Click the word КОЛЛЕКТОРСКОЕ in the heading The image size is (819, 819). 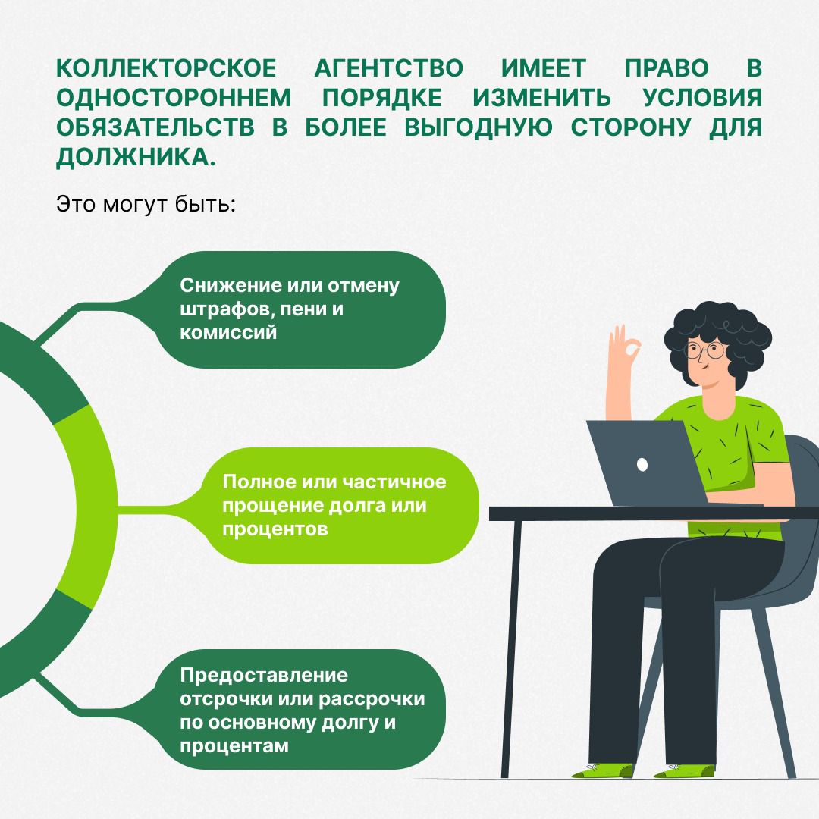point(166,68)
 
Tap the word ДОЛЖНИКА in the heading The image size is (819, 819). point(136,157)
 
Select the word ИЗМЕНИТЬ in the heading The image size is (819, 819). point(541,98)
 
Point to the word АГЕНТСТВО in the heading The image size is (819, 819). point(388,68)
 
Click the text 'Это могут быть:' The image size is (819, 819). point(146,204)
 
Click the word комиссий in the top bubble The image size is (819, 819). point(228,332)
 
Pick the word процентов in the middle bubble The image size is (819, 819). point(275,529)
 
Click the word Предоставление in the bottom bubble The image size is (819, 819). point(264,675)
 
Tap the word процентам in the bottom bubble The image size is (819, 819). point(234,746)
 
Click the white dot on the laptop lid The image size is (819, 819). point(642,464)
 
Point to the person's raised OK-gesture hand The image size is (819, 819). point(622,355)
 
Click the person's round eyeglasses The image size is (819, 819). point(705,350)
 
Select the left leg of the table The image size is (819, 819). point(512,648)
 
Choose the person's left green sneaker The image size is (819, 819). point(604,770)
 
